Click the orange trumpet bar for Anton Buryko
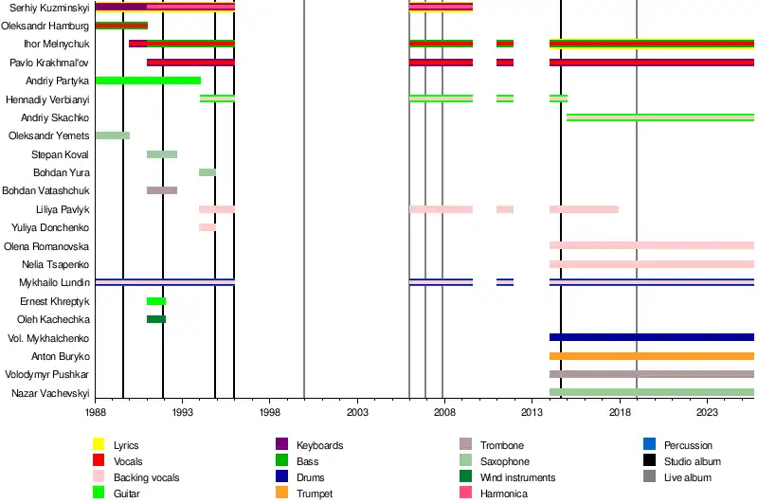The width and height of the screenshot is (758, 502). (651, 356)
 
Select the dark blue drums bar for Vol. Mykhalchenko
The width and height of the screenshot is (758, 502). (651, 337)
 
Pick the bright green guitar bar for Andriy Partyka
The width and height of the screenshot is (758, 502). (148, 81)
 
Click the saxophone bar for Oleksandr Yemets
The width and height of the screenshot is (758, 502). (113, 135)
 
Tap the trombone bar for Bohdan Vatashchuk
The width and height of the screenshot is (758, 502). (162, 190)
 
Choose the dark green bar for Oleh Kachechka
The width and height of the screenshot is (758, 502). (156, 319)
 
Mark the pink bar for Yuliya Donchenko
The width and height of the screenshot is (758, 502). (208, 227)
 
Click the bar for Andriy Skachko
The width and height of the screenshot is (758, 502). (659, 117)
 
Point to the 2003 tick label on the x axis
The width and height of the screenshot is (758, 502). (357, 414)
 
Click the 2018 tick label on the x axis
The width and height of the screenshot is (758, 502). (620, 414)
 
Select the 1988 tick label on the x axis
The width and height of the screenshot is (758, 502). (95, 414)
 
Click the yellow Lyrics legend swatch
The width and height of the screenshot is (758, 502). (99, 445)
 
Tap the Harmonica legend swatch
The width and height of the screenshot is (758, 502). (465, 493)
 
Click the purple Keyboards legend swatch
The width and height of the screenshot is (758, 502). (281, 445)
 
